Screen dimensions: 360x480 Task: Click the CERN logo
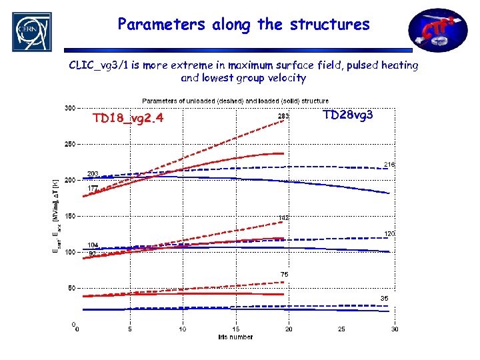tap(31, 32)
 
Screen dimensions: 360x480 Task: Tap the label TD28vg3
tap(347, 115)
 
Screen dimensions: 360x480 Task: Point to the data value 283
tap(283, 117)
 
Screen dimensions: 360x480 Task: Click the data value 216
tap(389, 164)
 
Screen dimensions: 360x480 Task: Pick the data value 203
tap(92, 173)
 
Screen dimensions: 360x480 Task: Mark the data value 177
tap(92, 189)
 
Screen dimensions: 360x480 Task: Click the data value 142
tap(283, 218)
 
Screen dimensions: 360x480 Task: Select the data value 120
tap(389, 233)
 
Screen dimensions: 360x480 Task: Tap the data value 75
tap(284, 274)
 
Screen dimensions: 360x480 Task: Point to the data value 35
tap(385, 298)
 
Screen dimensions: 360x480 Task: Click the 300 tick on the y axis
tap(69, 107)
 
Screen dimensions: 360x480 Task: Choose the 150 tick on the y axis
tap(69, 216)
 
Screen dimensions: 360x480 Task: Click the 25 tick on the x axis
tap(342, 329)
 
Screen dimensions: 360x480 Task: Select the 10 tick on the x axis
tap(183, 329)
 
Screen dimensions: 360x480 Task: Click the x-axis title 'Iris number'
tap(235, 337)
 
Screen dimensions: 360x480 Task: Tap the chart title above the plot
tap(235, 101)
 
